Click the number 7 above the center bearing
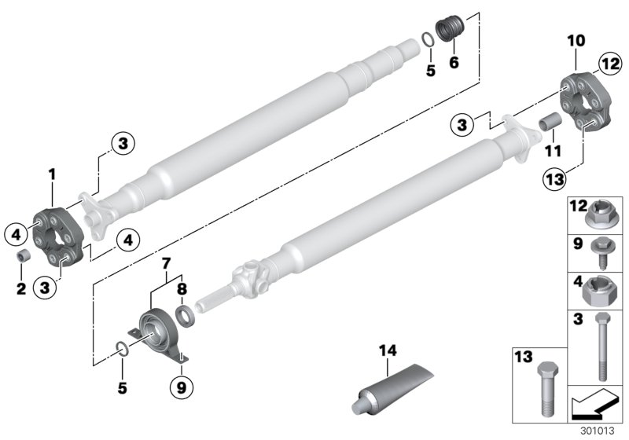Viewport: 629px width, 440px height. point(164,262)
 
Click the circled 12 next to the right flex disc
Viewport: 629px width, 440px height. point(608,62)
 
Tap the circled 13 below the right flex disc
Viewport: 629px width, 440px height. point(576,179)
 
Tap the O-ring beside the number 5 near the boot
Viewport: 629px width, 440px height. point(425,39)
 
